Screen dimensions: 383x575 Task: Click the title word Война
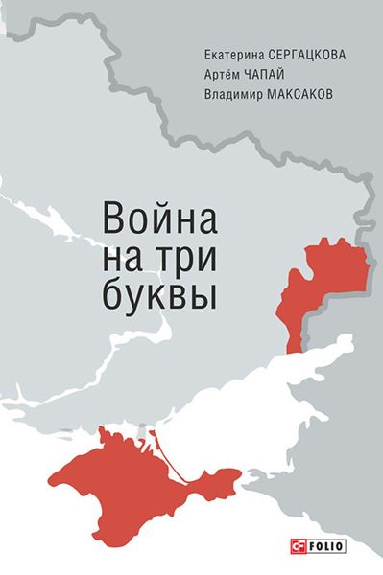pyautogui.click(x=157, y=217)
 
